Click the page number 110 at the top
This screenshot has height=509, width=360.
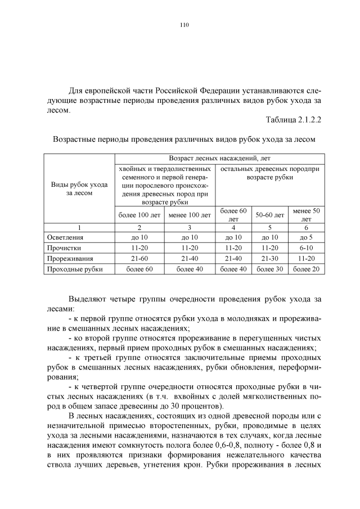point(183,25)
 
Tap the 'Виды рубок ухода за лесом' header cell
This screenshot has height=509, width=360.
point(79,188)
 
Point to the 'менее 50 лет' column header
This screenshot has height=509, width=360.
point(306,215)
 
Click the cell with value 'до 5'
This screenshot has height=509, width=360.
point(306,237)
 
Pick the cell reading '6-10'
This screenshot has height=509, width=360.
point(306,248)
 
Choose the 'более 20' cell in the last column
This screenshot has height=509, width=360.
point(306,269)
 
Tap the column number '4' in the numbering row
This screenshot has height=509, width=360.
point(233,227)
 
